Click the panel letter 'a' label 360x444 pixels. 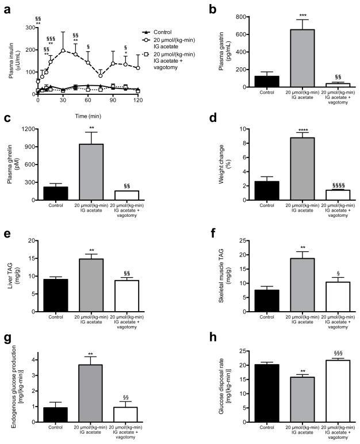(6, 6)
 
